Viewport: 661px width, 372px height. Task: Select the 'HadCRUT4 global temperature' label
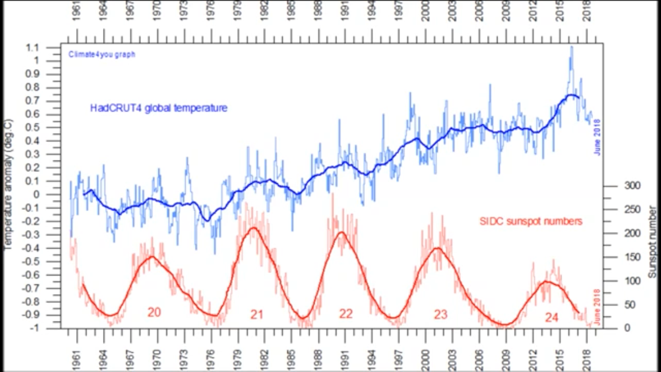click(158, 108)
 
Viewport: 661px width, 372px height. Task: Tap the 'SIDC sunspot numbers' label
click(531, 221)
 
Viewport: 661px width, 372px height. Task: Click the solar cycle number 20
click(154, 313)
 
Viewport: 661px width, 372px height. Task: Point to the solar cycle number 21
click(257, 314)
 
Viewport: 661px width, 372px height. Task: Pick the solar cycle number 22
click(346, 314)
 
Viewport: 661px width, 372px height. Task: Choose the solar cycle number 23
click(440, 314)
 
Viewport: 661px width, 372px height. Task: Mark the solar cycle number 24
click(552, 317)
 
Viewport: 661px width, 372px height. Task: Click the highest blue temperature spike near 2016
click(571, 47)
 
